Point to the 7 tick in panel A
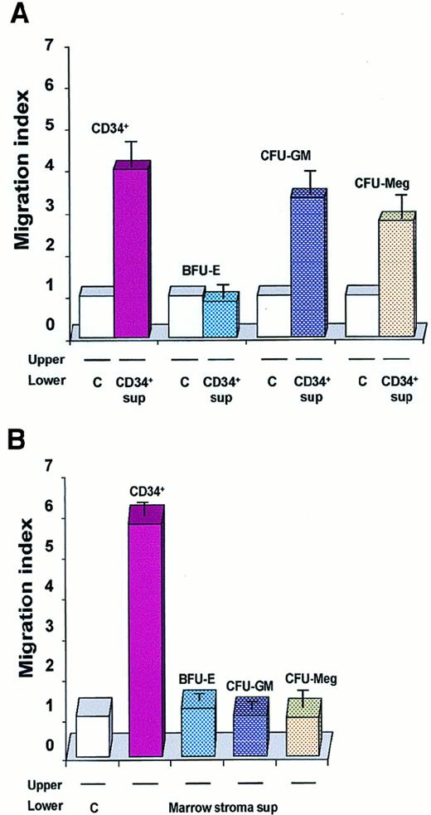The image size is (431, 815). tap(52, 47)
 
